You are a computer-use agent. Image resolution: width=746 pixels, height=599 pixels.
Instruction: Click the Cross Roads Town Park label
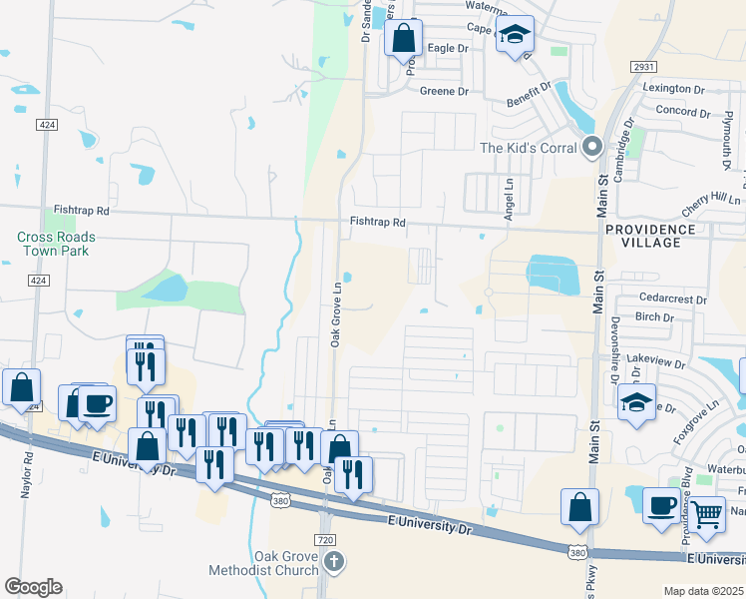click(56, 244)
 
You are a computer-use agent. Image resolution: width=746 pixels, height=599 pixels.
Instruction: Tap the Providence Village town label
click(649, 237)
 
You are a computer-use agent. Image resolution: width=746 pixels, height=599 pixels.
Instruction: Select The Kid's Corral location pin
click(592, 148)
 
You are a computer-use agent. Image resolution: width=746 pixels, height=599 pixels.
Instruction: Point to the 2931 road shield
click(643, 66)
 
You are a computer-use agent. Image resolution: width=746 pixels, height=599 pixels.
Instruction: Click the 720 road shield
click(324, 540)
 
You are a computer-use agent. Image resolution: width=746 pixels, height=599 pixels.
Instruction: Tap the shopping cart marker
click(707, 515)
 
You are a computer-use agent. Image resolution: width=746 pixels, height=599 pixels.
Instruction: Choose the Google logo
click(33, 587)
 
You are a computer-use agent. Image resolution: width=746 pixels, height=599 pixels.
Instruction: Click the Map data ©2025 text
click(703, 591)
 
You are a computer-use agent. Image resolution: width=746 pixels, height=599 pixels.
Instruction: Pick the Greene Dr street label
click(444, 92)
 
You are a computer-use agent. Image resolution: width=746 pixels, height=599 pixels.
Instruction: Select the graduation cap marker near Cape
click(515, 36)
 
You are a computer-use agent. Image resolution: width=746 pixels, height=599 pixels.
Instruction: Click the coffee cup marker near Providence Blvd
click(661, 505)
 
